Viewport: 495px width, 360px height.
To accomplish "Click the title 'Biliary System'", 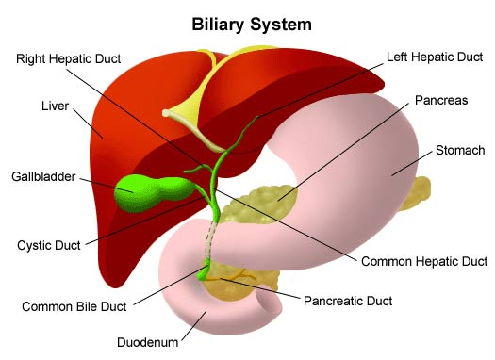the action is [x=252, y=25].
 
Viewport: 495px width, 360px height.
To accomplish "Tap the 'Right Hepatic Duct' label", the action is [x=69, y=58].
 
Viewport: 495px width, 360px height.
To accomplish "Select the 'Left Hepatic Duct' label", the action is [x=435, y=57].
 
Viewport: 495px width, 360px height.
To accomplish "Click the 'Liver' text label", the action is [x=55, y=106].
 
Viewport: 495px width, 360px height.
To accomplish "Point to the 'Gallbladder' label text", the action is [x=43, y=176].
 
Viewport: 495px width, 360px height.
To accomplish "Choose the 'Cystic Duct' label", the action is [x=49, y=245].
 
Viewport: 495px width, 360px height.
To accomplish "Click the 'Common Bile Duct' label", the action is [x=74, y=306].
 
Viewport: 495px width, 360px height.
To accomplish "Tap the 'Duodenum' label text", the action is [x=147, y=342].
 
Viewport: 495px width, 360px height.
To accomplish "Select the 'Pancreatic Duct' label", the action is [x=348, y=301].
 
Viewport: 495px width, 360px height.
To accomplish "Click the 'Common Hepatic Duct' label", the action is [x=424, y=262].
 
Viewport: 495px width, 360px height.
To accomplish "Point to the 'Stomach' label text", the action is [x=460, y=150].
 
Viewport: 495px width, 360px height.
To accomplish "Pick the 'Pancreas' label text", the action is [x=441, y=100].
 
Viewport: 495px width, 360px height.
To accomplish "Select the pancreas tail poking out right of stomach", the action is [x=416, y=193].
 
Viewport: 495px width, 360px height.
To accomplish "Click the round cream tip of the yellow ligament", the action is [x=166, y=113].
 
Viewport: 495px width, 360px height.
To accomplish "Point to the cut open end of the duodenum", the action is [x=269, y=304].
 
